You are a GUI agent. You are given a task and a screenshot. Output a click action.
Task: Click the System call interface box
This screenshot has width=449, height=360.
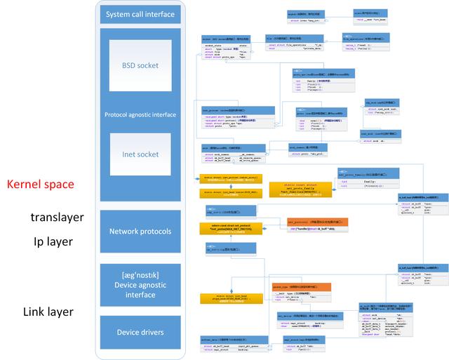[140, 15]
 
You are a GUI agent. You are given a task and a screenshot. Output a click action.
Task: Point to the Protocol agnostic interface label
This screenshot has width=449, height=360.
[140, 114]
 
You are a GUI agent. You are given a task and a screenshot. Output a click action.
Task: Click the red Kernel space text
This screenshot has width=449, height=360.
[41, 185]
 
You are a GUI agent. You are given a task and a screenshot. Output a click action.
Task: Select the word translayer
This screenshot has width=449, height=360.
[57, 218]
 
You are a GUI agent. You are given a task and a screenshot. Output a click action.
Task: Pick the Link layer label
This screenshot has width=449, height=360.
[48, 312]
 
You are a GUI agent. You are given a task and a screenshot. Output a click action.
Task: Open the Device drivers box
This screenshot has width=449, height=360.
[140, 332]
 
